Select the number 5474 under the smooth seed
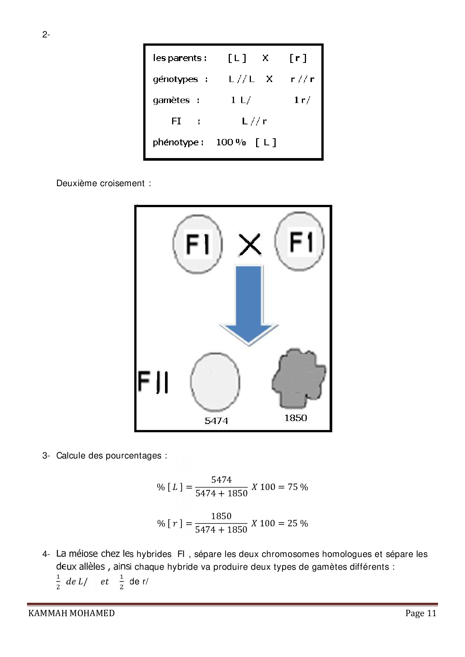(216, 421)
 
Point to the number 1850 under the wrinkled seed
(295, 418)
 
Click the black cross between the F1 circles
(250, 245)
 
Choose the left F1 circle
(197, 244)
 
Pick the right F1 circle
(300, 242)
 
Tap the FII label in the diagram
(153, 382)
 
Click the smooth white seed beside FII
(215, 382)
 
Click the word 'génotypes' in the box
(175, 79)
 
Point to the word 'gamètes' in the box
(171, 100)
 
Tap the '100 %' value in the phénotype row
(231, 142)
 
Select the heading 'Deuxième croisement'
(100, 183)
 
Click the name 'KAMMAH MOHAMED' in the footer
(72, 613)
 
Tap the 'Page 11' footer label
(421, 613)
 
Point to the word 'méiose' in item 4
(83, 554)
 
